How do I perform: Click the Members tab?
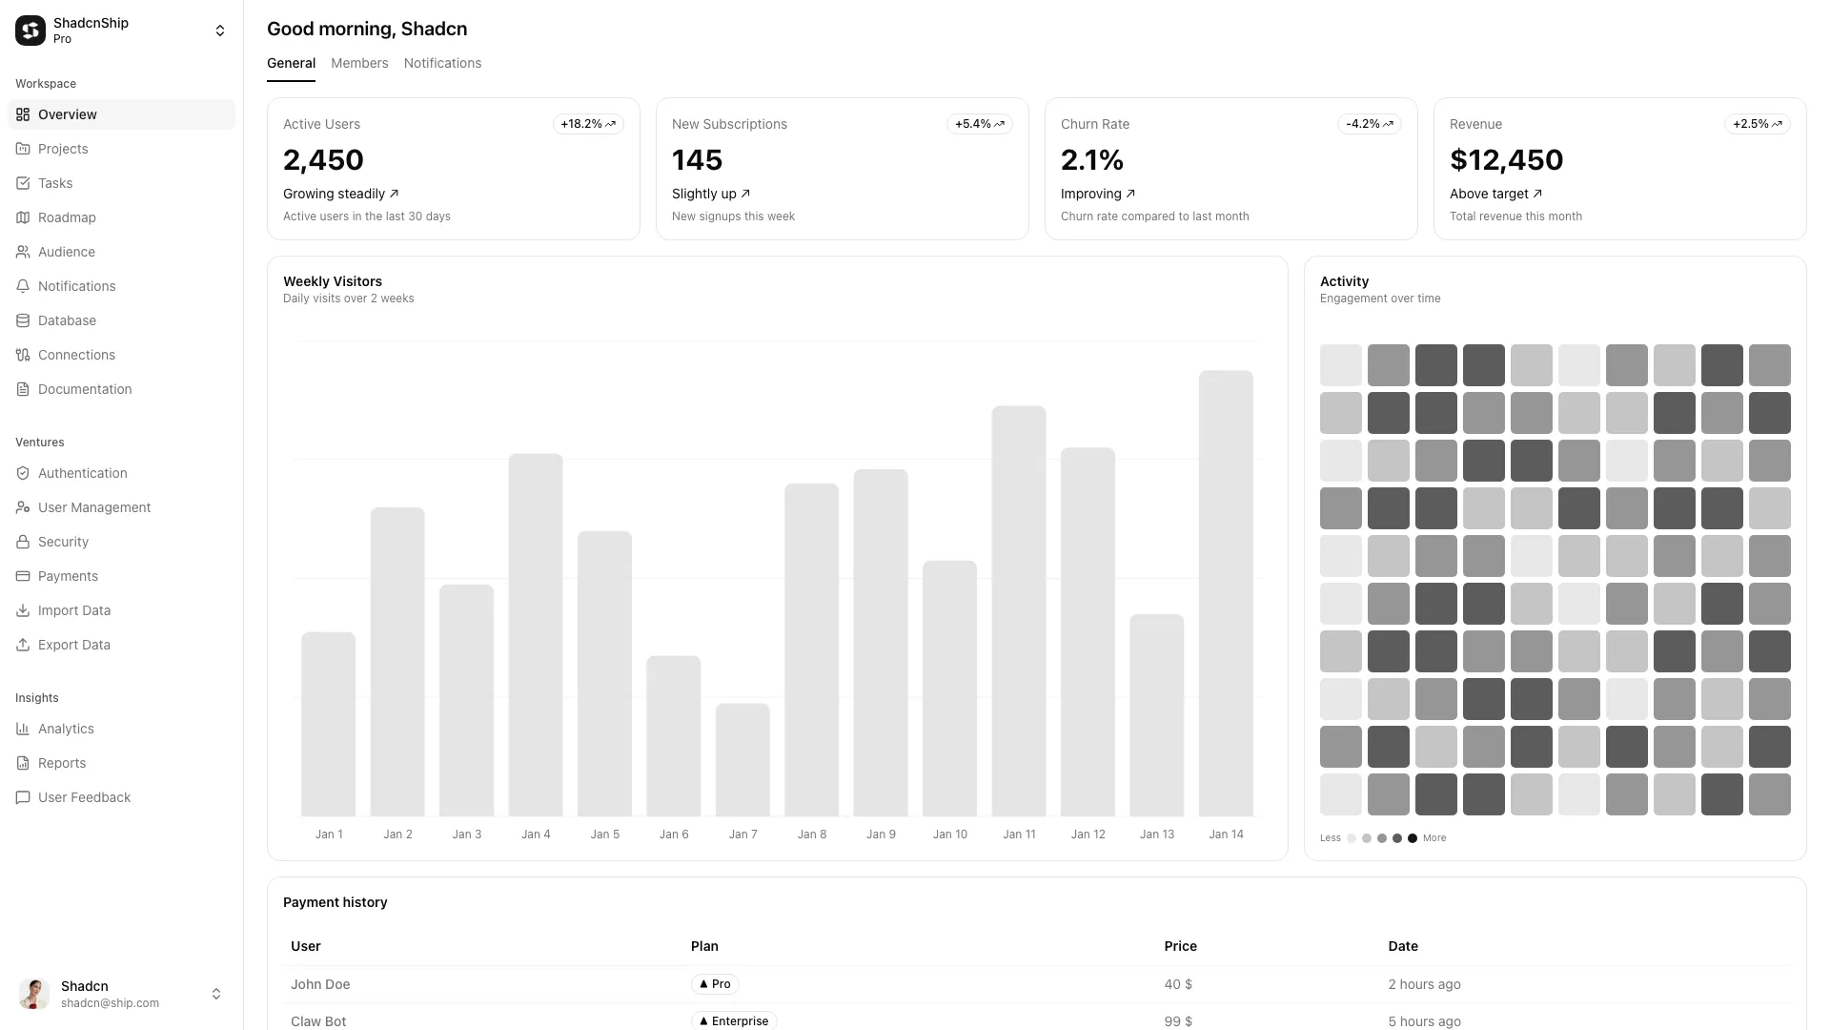click(359, 63)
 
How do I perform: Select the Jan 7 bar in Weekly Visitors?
click(742, 759)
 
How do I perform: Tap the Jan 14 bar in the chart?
click(1226, 593)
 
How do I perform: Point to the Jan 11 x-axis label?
click(1019, 834)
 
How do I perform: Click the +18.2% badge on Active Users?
click(588, 124)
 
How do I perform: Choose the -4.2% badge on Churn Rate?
click(1369, 124)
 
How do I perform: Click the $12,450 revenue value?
click(1506, 160)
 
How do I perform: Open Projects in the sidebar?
click(63, 149)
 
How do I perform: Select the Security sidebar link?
click(63, 542)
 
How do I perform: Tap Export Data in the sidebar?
click(73, 645)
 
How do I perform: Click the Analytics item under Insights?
click(66, 729)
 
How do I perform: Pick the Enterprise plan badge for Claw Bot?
click(734, 1020)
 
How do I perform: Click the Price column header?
click(1180, 946)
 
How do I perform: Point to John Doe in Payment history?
click(320, 984)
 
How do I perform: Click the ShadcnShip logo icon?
click(30, 31)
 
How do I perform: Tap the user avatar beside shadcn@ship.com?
click(34, 994)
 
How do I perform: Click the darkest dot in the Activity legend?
click(1413, 838)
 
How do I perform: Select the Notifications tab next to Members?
click(442, 63)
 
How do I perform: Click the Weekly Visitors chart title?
click(333, 281)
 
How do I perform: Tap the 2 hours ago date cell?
click(1424, 984)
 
